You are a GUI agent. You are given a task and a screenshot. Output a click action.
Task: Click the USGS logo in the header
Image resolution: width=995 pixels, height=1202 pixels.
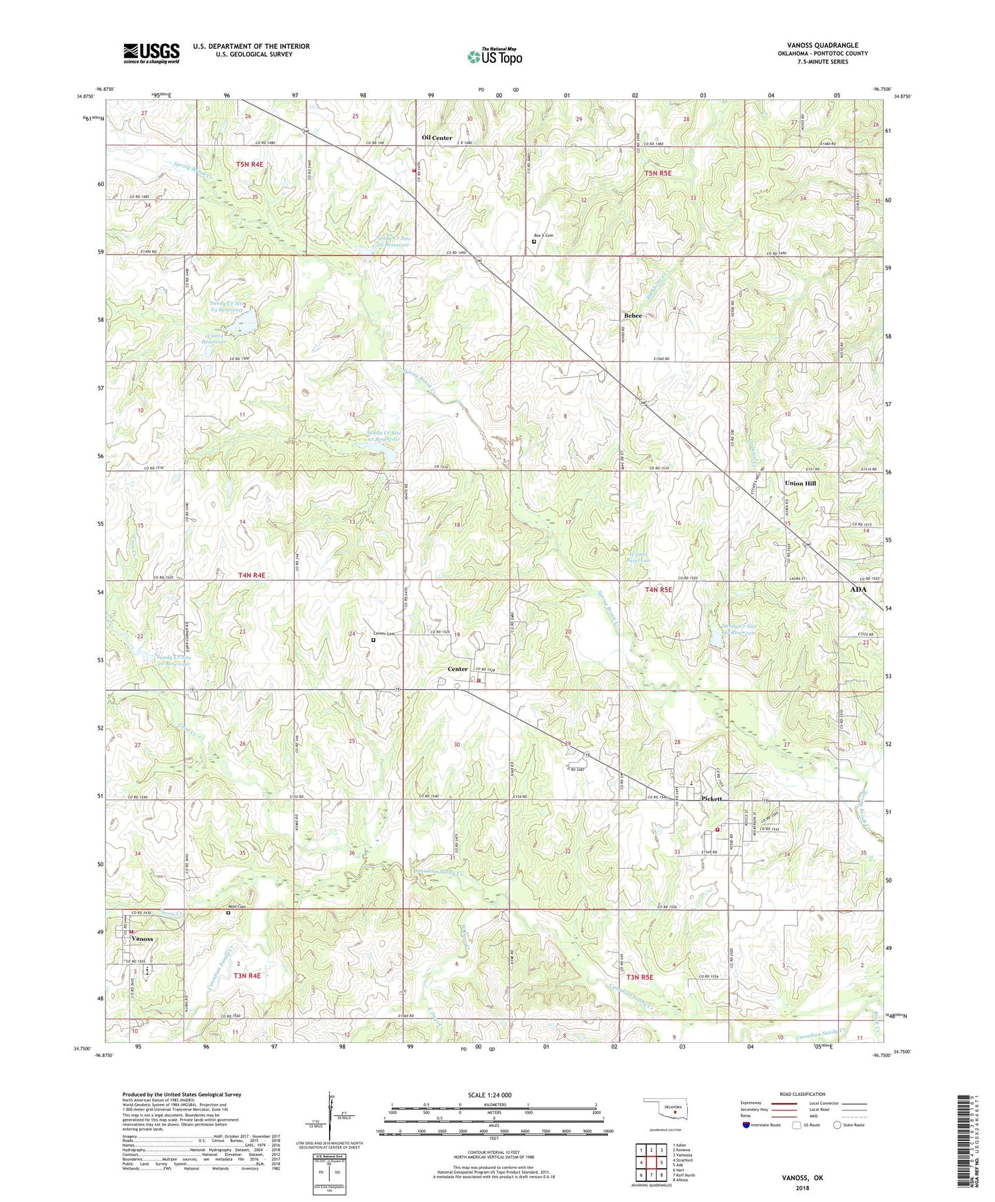coord(151,53)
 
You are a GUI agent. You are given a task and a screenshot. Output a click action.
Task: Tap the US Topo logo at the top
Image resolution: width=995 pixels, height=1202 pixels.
coord(494,56)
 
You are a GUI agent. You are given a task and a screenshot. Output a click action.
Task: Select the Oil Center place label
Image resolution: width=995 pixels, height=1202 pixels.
coord(437,138)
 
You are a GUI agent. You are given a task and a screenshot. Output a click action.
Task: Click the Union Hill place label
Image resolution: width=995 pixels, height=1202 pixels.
coord(800,483)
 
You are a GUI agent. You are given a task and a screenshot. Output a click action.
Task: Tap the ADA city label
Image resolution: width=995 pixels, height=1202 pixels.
coord(858,589)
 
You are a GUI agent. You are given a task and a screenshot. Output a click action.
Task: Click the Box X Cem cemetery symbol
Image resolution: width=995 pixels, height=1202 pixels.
coord(534,242)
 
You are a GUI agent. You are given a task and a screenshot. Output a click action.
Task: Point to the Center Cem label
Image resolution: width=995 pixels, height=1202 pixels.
coord(384,633)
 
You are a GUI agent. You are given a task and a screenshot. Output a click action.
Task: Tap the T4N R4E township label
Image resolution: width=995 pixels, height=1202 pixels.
coord(241,575)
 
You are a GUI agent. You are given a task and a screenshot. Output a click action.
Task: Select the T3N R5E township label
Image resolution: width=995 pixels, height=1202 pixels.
coord(639,977)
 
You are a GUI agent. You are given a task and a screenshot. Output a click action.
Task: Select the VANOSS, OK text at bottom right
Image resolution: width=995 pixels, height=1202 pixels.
coord(802,1178)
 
